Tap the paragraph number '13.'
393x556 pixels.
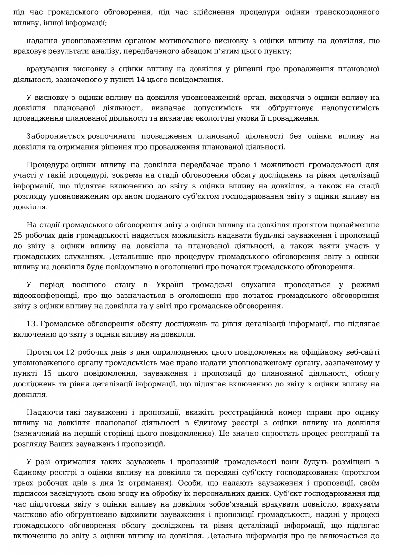tap(32, 324)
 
